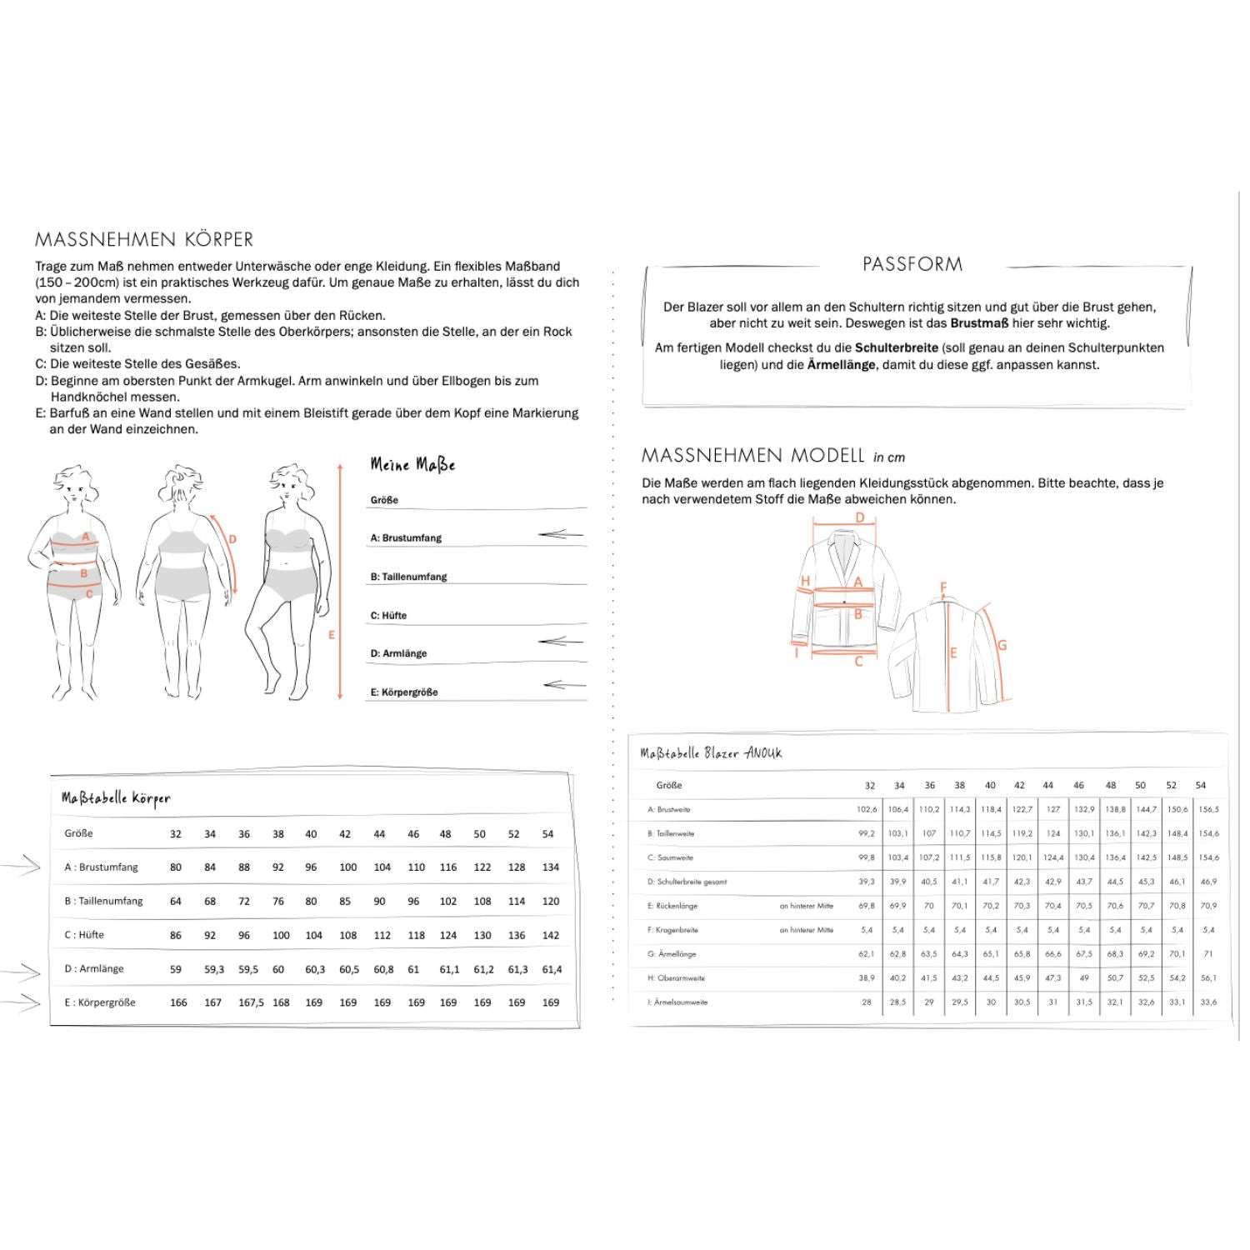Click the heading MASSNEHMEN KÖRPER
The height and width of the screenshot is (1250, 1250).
[x=144, y=240]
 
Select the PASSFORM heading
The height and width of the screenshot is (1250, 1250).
[x=912, y=264]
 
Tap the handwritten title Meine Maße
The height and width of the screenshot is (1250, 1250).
[x=412, y=465]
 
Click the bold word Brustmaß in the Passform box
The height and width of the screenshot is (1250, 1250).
[x=979, y=323]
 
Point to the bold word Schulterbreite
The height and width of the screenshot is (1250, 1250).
[x=897, y=347]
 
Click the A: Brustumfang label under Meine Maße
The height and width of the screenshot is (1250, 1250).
[x=406, y=538]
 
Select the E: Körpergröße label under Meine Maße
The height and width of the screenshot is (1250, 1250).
[x=404, y=692]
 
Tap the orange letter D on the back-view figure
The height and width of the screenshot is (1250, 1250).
[x=232, y=539]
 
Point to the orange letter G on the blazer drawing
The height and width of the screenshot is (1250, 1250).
[x=1002, y=644]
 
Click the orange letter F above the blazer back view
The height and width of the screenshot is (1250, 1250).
[x=943, y=587]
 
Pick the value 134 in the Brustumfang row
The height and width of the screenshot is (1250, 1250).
[x=550, y=867]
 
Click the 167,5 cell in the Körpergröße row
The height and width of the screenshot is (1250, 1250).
[x=251, y=1002]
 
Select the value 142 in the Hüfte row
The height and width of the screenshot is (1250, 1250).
[x=550, y=935]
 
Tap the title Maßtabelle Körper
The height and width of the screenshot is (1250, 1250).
[x=116, y=798]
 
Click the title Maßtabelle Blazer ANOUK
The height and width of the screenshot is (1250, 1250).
[x=711, y=753]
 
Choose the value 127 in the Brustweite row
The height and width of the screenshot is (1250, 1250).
[x=1053, y=809]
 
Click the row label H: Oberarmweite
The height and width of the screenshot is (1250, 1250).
[x=676, y=978]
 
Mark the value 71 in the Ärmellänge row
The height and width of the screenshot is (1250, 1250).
[x=1208, y=954]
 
